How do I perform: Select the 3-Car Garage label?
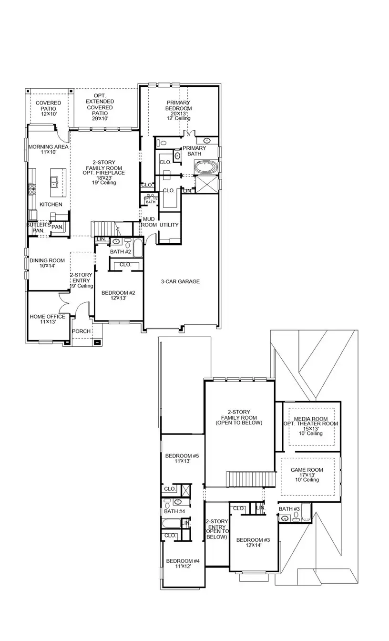coord(180,281)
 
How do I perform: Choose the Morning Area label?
coord(48,149)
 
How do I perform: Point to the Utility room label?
coord(169,225)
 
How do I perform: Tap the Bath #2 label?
coord(120,251)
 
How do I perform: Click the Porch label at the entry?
coord(81,331)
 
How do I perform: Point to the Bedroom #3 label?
coord(253,543)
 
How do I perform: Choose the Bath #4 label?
coord(174,511)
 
